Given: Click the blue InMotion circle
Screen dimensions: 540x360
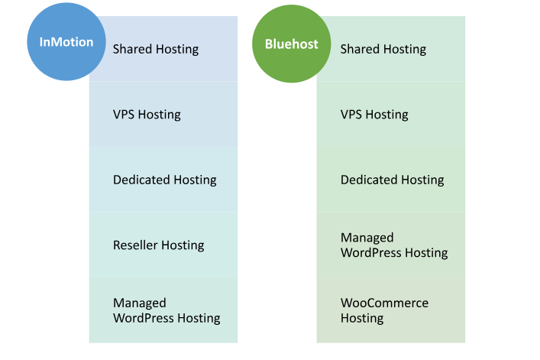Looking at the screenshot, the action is point(66,42).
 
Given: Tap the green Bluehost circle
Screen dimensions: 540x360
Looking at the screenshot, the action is point(291,44).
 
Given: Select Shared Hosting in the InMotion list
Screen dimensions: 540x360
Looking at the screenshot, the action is point(156,49).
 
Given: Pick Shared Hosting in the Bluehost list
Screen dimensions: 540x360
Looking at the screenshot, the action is point(383,49).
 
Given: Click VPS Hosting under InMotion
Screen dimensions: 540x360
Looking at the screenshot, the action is point(147,115).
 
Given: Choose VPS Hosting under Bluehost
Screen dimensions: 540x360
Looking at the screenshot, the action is point(374,115).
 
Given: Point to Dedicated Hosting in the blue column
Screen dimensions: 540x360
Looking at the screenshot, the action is point(165,180).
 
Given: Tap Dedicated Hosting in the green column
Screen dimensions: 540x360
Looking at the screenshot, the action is point(393,180).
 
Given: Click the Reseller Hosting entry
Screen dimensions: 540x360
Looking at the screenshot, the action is point(158,245).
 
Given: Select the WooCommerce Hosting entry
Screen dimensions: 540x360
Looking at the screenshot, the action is point(384,310).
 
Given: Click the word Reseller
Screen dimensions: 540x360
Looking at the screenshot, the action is point(136,245).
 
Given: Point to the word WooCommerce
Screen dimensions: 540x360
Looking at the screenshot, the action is point(384,303).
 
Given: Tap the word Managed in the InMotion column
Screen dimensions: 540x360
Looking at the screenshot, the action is point(140,303).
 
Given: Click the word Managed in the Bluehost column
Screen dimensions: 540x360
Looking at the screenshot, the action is point(367,238).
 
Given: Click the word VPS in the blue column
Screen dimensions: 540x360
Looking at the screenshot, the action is point(124,115).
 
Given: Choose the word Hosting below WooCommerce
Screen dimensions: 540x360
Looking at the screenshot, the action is point(362,318).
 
